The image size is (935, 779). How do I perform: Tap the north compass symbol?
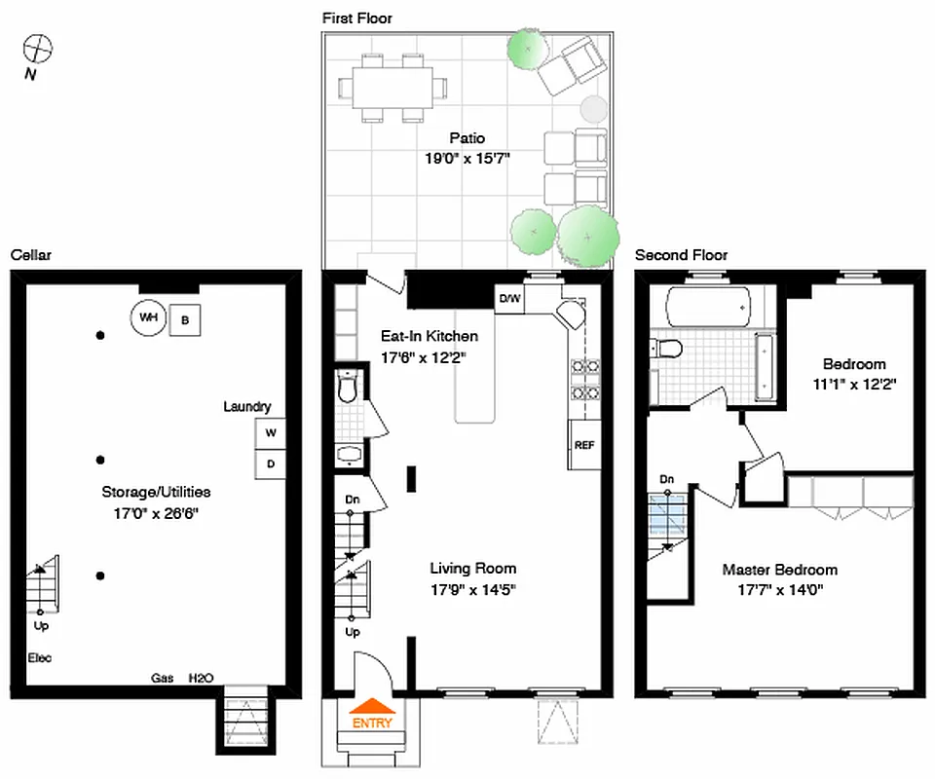click(38, 48)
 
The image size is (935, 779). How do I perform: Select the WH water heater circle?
click(148, 317)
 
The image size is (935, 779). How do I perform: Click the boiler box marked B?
click(185, 319)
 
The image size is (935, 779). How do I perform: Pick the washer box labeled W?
click(271, 432)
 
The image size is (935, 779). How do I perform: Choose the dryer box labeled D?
click(271, 464)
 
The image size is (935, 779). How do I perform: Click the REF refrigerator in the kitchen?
click(584, 445)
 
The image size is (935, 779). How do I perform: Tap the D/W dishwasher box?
click(509, 299)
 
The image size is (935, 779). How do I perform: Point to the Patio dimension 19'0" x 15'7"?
click(467, 158)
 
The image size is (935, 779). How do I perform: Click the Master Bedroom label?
click(779, 570)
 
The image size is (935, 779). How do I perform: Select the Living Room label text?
click(473, 569)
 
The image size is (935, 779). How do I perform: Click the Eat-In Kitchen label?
click(429, 336)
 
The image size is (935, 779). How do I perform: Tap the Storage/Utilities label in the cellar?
click(156, 492)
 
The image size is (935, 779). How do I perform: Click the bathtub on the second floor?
click(708, 308)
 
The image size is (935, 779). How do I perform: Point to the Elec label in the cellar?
click(39, 658)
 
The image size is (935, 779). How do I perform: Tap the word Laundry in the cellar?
click(247, 407)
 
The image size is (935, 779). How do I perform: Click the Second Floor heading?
click(681, 255)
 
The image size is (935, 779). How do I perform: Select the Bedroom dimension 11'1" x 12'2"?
click(853, 384)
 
